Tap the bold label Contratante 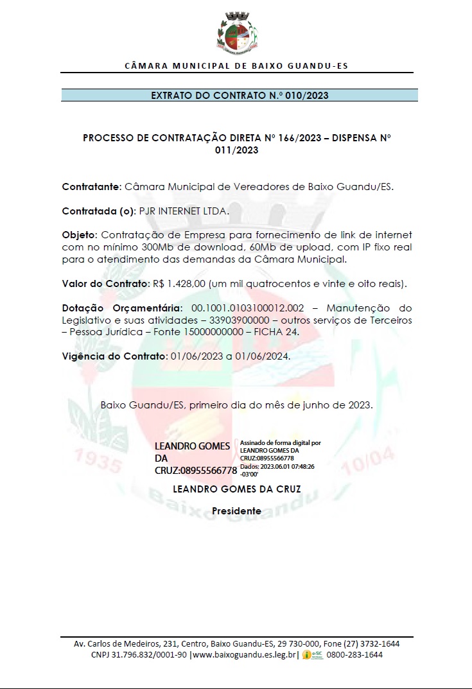[x=91, y=187]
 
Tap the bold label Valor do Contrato [x=105, y=283]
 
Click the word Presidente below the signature [x=237, y=511]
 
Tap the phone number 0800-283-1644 [x=354, y=655]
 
